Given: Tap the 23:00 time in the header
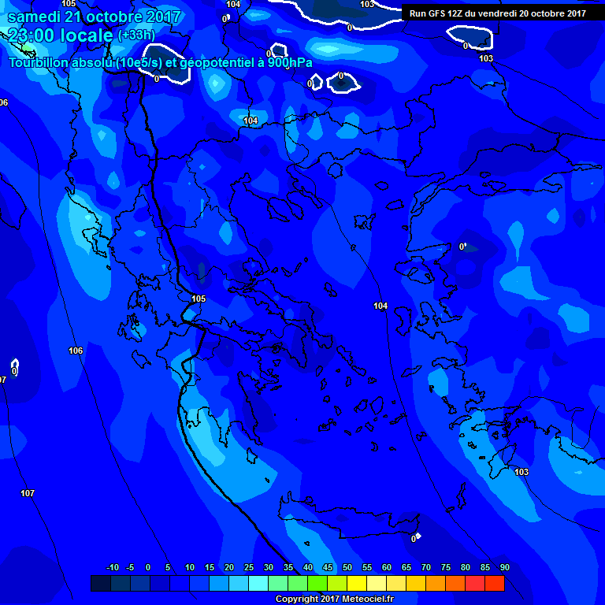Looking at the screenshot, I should click(32, 35).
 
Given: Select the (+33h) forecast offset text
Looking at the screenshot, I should click(135, 35).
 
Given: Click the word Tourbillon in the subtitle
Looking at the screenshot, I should click(39, 62).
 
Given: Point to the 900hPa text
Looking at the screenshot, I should click(289, 62).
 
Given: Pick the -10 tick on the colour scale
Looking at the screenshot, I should click(112, 568).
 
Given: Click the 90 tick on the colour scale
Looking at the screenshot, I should click(504, 568).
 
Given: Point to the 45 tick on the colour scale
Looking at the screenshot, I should click(328, 568).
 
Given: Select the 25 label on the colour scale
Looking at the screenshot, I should click(249, 568).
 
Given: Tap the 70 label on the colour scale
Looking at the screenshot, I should click(425, 568).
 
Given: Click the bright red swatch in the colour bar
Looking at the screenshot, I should click(495, 583).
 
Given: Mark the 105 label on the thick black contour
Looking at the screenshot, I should click(198, 299).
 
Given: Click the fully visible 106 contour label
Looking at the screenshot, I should click(76, 351).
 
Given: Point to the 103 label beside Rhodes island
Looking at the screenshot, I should click(521, 472).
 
